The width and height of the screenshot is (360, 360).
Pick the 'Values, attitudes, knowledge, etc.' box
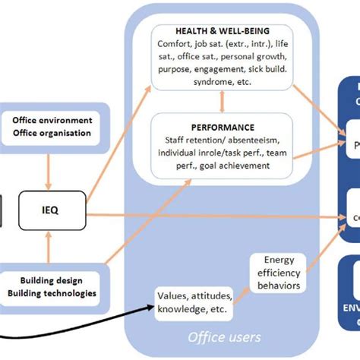click(x=194, y=302)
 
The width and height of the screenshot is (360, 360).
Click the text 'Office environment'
click(x=52, y=120)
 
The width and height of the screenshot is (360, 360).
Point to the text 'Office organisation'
click(x=52, y=134)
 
